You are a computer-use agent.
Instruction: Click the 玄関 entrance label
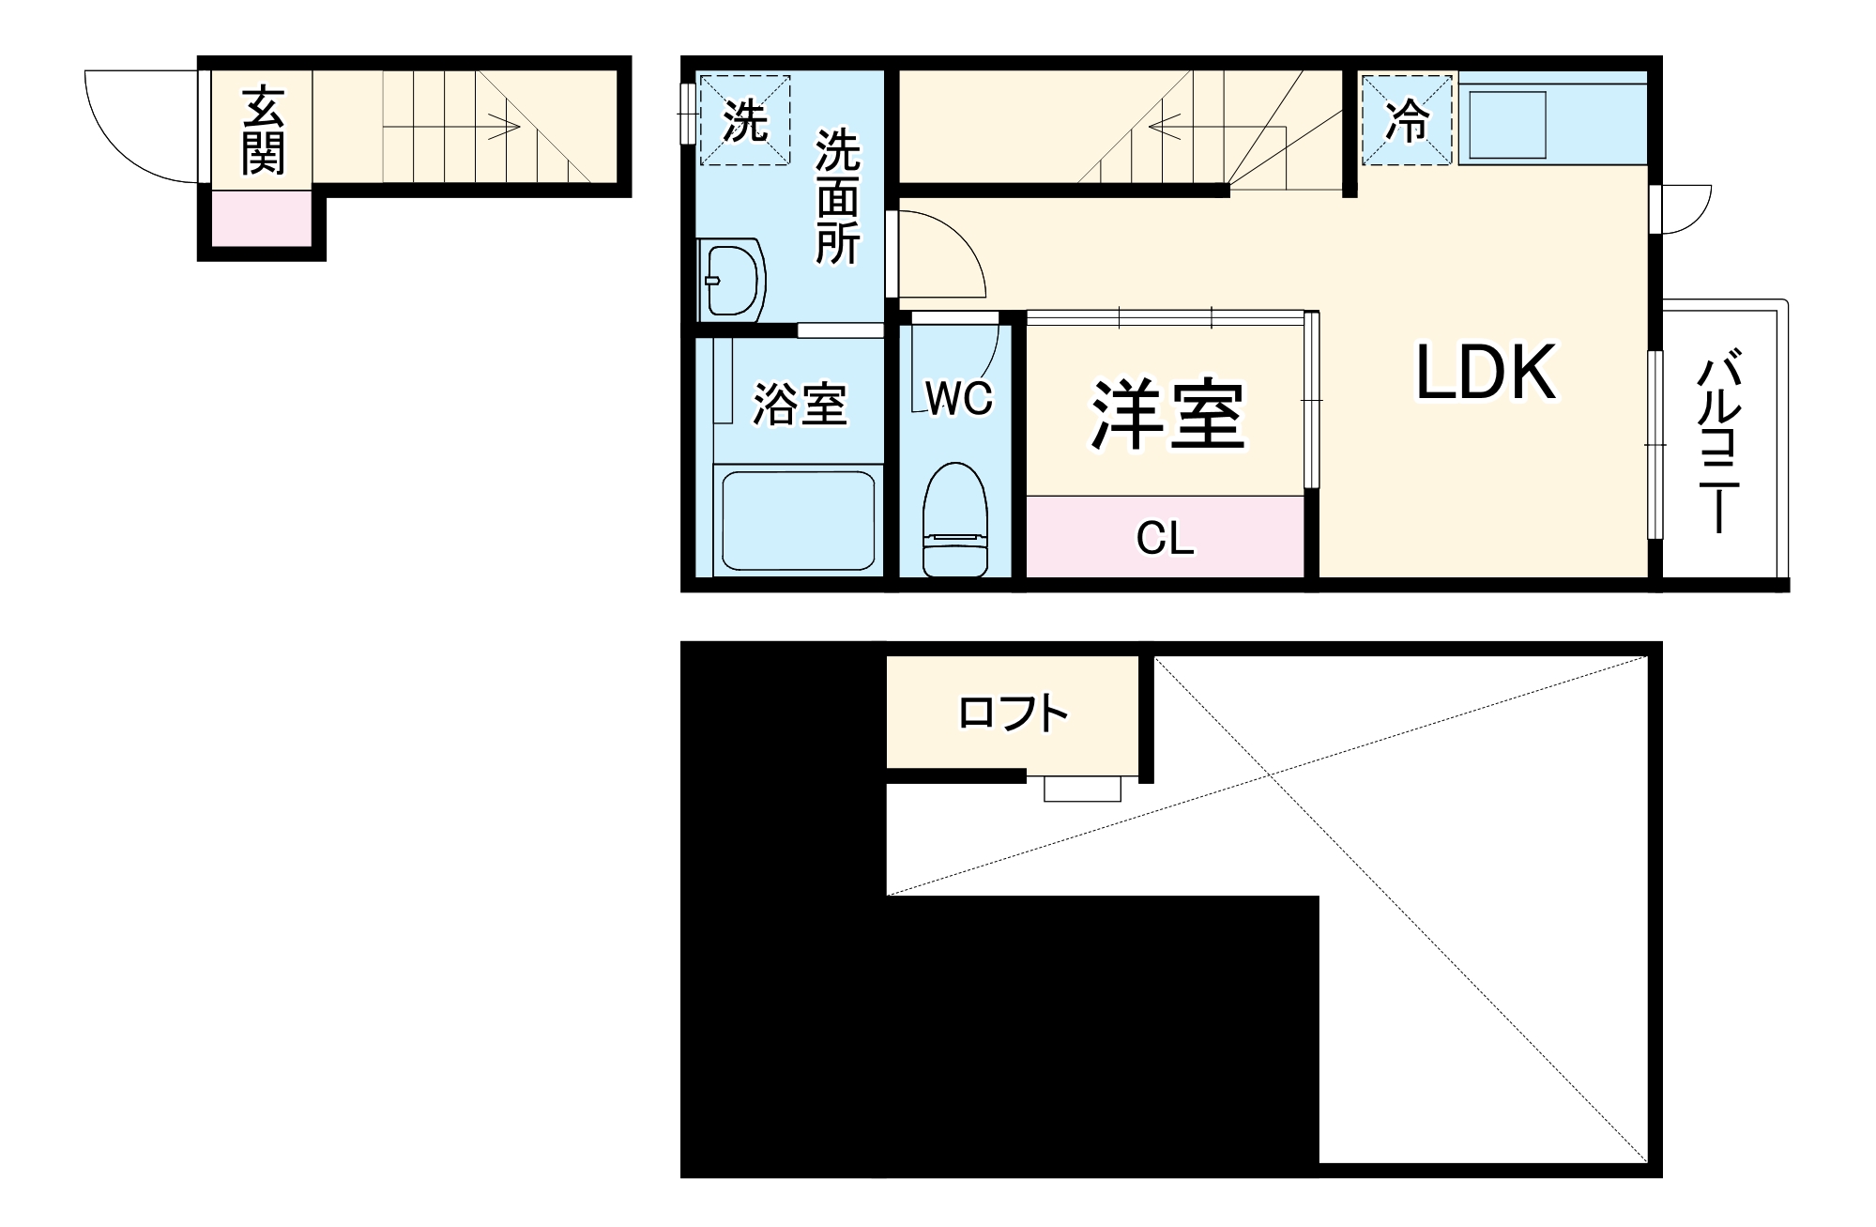[x=263, y=130]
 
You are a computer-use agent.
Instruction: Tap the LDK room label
[x=1485, y=374]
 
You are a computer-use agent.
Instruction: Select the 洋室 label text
[x=1167, y=415]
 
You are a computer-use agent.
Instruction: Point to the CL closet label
[x=1165, y=539]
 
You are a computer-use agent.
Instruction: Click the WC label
[x=959, y=399]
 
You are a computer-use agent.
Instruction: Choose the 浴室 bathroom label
[x=800, y=405]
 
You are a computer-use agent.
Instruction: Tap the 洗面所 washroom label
[x=837, y=198]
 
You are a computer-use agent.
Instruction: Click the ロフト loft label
[x=1014, y=714]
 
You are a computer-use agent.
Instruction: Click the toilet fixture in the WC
[x=955, y=521]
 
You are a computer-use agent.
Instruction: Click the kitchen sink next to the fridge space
[x=1506, y=124]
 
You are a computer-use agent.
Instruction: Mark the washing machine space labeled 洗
[x=745, y=120]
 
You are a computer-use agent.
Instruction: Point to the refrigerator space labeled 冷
[x=1408, y=120]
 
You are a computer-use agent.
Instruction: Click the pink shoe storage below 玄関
[x=261, y=219]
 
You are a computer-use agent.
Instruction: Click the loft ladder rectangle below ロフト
[x=1082, y=789]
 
